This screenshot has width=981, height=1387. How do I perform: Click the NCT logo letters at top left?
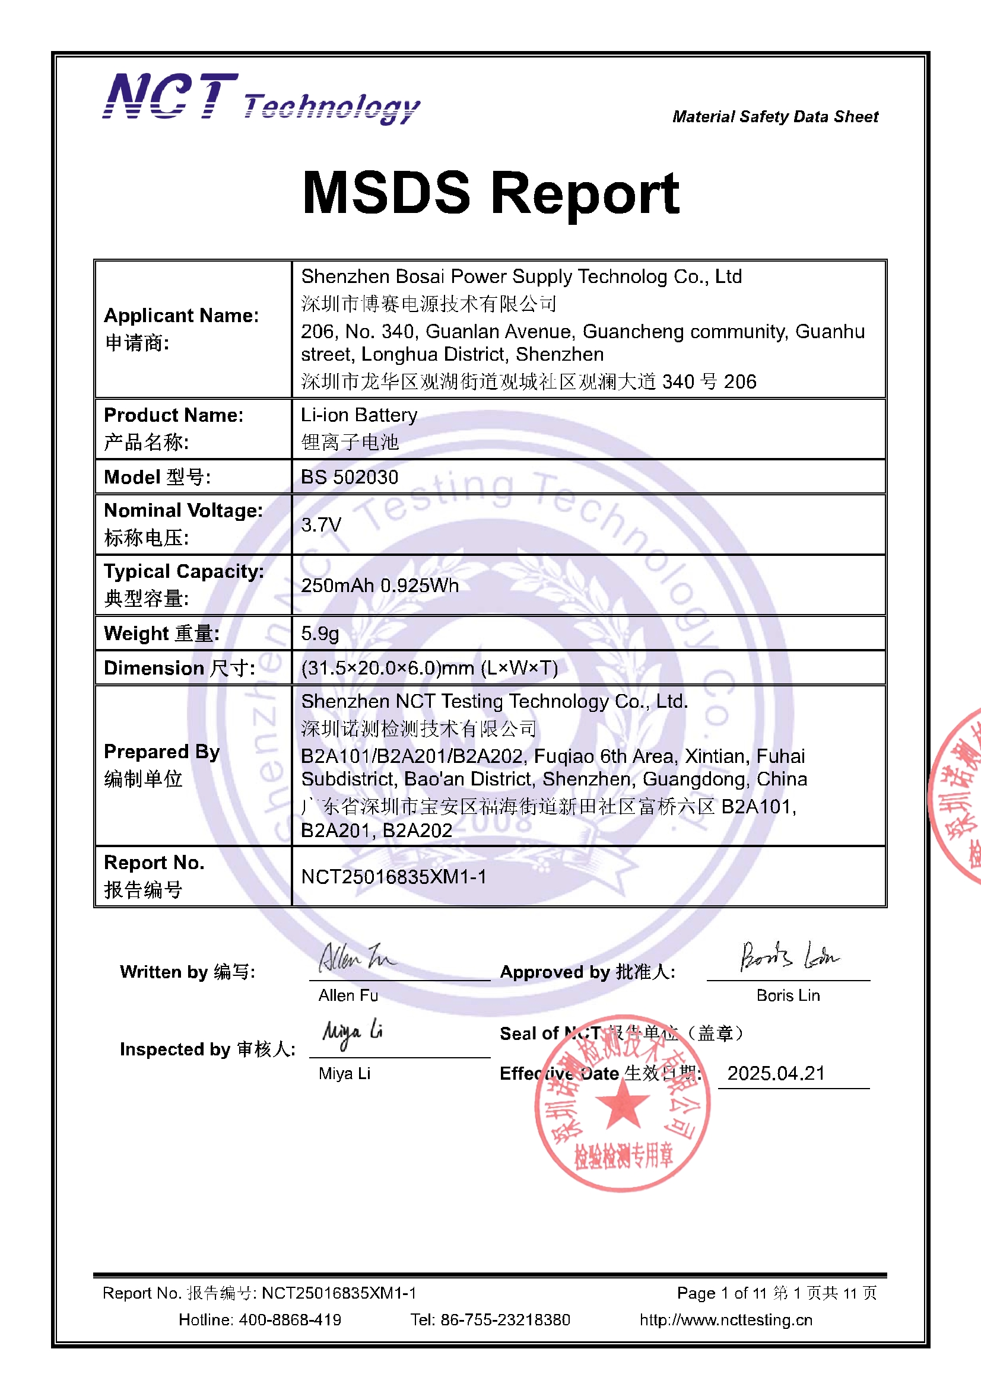coord(170,96)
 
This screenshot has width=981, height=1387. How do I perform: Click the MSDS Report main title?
coord(490,193)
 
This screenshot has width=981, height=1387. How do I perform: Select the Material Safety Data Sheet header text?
coord(775,117)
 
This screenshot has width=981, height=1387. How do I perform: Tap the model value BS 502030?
coord(350,477)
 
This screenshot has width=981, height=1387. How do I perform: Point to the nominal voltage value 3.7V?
coord(321,524)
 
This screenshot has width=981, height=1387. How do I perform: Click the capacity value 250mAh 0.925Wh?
coord(380,586)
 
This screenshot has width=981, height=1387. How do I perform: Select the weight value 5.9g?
coord(320,633)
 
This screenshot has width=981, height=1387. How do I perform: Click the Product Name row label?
coord(173,415)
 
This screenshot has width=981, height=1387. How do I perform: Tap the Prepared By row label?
coord(161,752)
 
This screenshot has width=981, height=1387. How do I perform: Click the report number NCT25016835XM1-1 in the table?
coord(393,877)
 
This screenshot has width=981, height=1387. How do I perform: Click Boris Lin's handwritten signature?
coord(788,956)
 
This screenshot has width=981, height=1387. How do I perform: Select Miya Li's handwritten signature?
coord(353,1034)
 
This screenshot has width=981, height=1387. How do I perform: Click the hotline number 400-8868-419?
coord(290,1319)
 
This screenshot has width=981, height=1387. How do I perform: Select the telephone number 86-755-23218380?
coord(504,1319)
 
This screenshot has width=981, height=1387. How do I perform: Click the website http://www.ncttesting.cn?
coord(726,1319)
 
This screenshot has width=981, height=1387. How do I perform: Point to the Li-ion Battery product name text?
coord(359,415)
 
